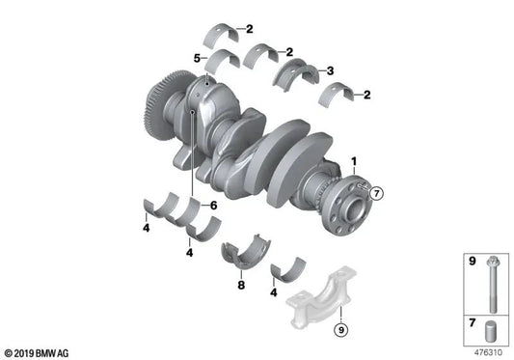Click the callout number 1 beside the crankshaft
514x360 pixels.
coord(353,160)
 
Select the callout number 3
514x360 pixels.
coord(331,70)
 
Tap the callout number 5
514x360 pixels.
coord(197,58)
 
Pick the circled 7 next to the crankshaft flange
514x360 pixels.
coord(378,193)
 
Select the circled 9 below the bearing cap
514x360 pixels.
coord(339,332)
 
